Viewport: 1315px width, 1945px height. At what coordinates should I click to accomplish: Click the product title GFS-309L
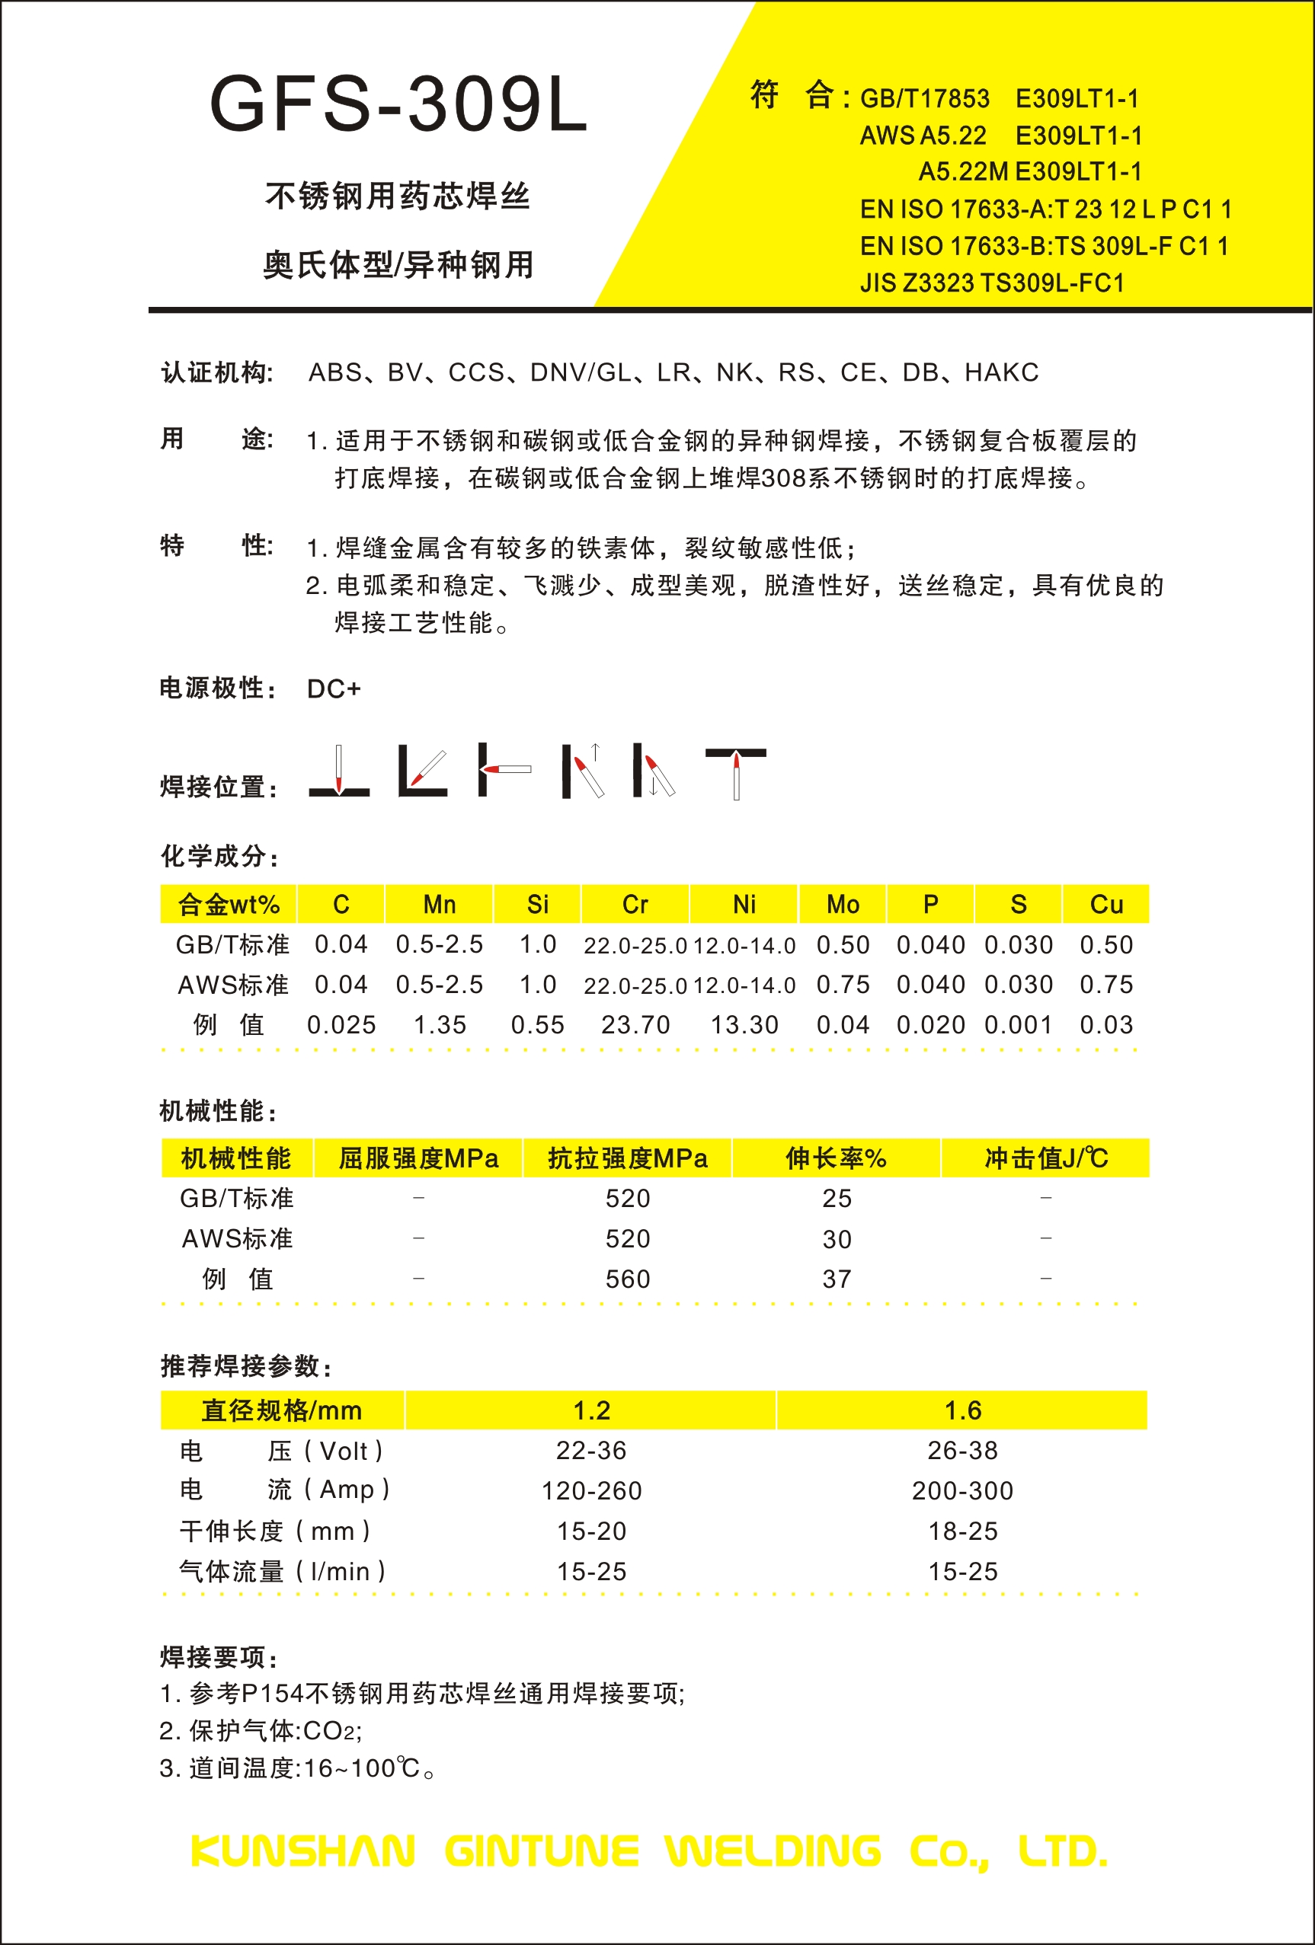(x=398, y=104)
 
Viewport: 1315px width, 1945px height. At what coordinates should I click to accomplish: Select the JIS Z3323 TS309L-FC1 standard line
(x=992, y=283)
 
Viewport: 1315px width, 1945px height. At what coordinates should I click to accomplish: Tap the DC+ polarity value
(x=333, y=688)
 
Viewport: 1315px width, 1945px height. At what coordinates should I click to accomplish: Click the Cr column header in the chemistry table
(x=635, y=904)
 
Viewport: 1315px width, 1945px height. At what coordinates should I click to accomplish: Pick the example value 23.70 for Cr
(x=635, y=1024)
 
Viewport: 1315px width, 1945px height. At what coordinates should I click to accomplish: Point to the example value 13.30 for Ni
(x=744, y=1024)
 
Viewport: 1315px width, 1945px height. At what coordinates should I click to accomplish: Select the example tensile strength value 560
(x=628, y=1279)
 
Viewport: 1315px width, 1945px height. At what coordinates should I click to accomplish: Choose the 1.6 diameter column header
(x=962, y=1410)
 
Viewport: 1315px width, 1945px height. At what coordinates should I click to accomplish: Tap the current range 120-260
(x=592, y=1490)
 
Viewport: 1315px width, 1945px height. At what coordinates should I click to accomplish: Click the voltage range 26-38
(x=962, y=1451)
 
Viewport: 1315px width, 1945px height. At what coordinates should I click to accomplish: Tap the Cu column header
(x=1105, y=904)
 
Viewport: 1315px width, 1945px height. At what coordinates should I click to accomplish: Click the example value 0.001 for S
(x=1018, y=1024)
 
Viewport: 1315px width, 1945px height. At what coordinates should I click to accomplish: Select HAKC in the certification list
(x=1001, y=372)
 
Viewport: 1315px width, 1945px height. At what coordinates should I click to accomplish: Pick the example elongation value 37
(x=837, y=1279)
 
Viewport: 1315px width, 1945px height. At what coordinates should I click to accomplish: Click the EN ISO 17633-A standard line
(x=1045, y=209)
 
